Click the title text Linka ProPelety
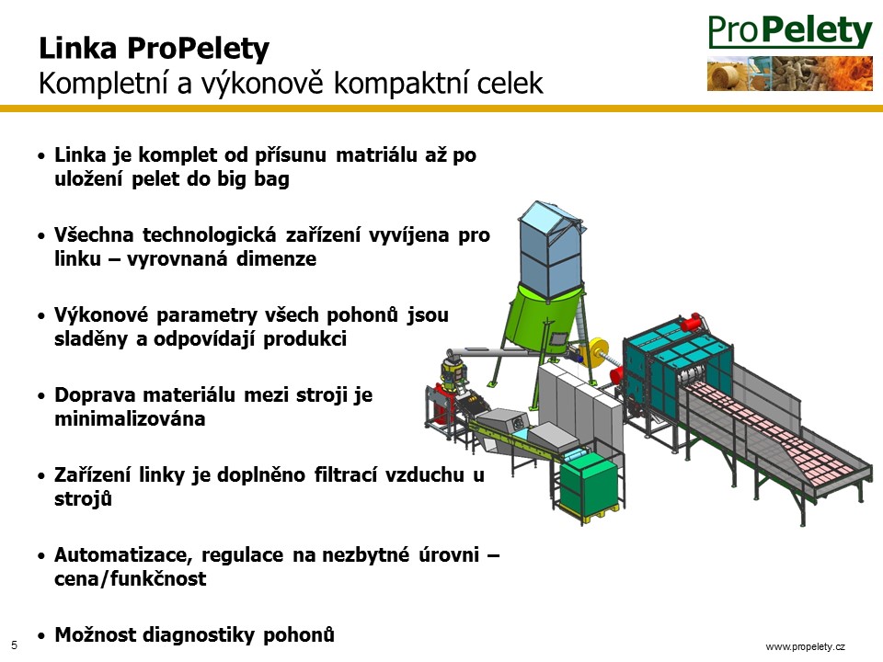[154, 49]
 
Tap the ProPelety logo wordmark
[790, 31]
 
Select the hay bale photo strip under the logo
[790, 74]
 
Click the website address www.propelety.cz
[806, 646]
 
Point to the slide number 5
[14, 645]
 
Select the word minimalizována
[130, 419]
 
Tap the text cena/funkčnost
[130, 578]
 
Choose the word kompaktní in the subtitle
[402, 84]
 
